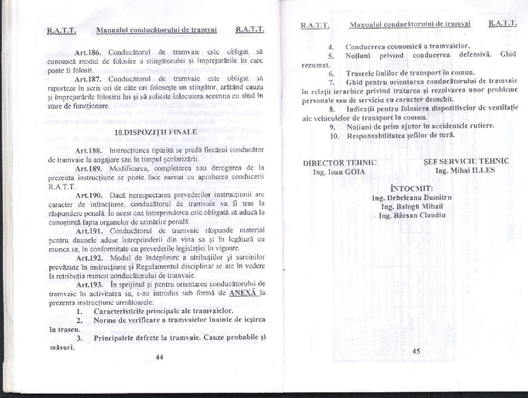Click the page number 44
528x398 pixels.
pos(159,357)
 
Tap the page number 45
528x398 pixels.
pos(416,351)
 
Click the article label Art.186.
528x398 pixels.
pos(89,52)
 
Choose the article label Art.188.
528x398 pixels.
pos(89,150)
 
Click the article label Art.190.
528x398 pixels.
pos(89,195)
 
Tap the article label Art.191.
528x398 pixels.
pos(89,231)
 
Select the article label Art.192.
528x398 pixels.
pos(89,258)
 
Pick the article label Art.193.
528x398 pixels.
pos(89,284)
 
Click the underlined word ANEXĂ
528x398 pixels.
pos(242,292)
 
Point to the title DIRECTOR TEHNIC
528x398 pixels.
pos(339,163)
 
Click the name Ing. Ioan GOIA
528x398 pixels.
pos(339,172)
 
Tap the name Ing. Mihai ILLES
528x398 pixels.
pos(465,170)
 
